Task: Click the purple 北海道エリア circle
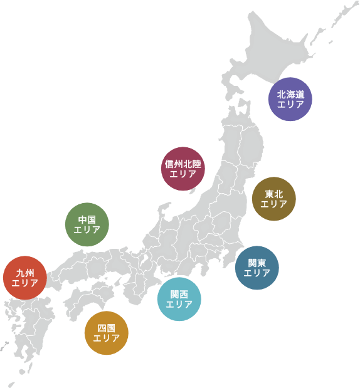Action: tap(290, 99)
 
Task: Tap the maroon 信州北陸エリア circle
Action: tap(183, 169)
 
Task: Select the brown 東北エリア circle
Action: tap(273, 199)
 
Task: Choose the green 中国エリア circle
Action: tap(87, 224)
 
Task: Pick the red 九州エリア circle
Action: tap(25, 278)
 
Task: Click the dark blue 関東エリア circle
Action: tap(257, 268)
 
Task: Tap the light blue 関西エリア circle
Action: tap(179, 299)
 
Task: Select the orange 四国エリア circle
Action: tap(107, 333)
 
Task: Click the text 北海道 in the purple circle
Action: tap(290, 94)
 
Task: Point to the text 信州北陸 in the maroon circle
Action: tap(183, 164)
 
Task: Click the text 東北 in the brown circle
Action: tap(273, 194)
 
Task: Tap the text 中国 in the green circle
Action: tap(87, 219)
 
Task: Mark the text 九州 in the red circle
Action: tap(25, 273)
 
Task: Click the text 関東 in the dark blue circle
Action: tap(257, 263)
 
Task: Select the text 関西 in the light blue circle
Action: tap(179, 294)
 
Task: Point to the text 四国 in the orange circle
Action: tap(107, 328)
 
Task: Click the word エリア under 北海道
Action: tap(290, 105)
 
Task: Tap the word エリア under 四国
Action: tap(107, 338)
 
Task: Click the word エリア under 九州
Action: tap(25, 283)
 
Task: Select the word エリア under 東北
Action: tap(273, 204)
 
